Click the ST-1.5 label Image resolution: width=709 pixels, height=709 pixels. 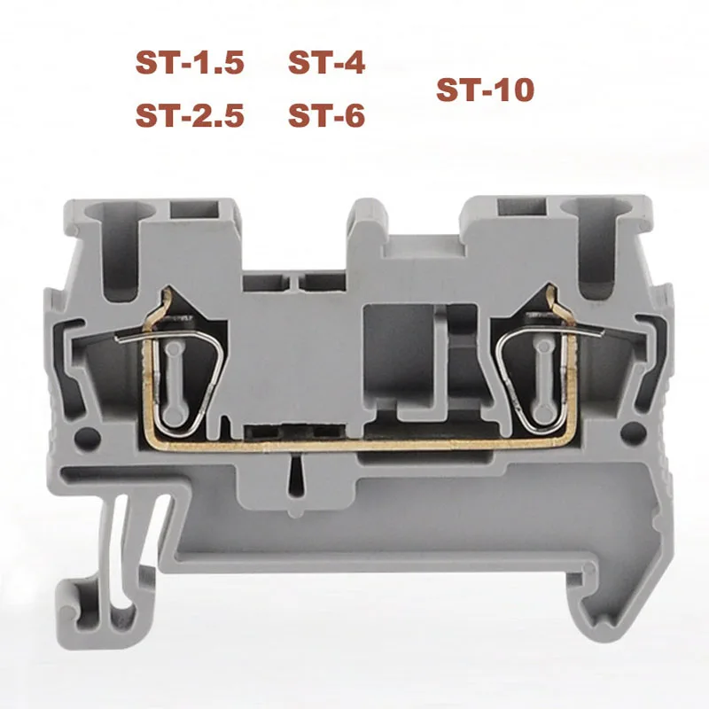tap(188, 63)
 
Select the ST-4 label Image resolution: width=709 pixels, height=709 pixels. tap(326, 63)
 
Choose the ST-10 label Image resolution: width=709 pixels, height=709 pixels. tap(485, 90)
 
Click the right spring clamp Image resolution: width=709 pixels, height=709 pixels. tap(535, 363)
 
